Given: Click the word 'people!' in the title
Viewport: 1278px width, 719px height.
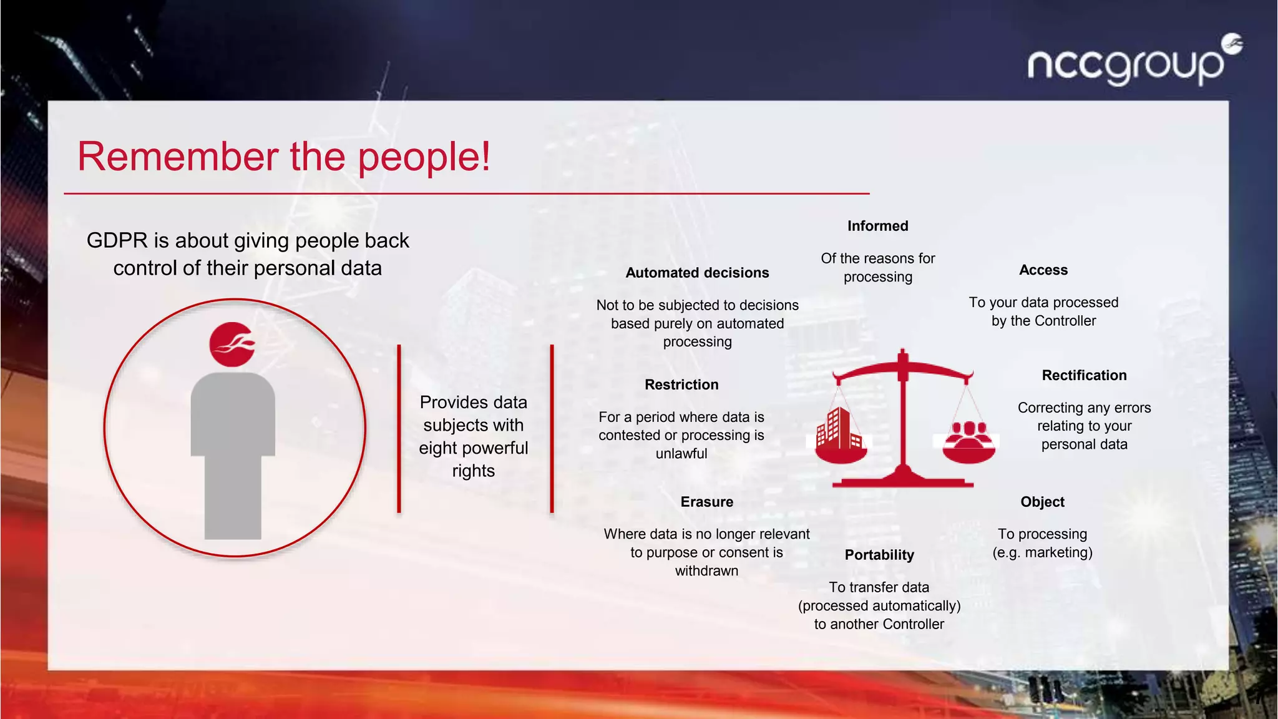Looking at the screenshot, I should (x=424, y=157).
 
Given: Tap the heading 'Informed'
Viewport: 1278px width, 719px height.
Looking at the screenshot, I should (x=877, y=226).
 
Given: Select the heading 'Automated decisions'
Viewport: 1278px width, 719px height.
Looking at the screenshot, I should (x=697, y=273).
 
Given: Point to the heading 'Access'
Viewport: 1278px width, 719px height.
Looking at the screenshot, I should (x=1043, y=270).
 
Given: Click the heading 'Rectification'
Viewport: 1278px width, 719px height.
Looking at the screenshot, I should (x=1084, y=375).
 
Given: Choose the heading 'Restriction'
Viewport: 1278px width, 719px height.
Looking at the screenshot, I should (x=681, y=384).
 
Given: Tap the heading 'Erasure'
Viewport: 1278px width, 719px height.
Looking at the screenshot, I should (x=706, y=502).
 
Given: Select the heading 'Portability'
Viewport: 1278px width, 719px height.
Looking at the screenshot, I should (x=879, y=555).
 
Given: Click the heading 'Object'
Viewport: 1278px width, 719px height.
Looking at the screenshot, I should (x=1042, y=502).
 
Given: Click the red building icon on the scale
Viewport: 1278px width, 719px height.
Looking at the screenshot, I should (x=837, y=429).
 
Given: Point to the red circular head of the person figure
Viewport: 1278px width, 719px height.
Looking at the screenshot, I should (x=232, y=345).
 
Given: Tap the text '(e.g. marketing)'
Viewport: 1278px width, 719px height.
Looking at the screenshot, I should (x=1042, y=552).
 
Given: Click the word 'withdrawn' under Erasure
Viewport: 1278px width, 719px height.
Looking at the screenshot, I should (x=706, y=570).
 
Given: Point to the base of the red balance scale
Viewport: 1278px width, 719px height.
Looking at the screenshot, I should (x=902, y=481).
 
